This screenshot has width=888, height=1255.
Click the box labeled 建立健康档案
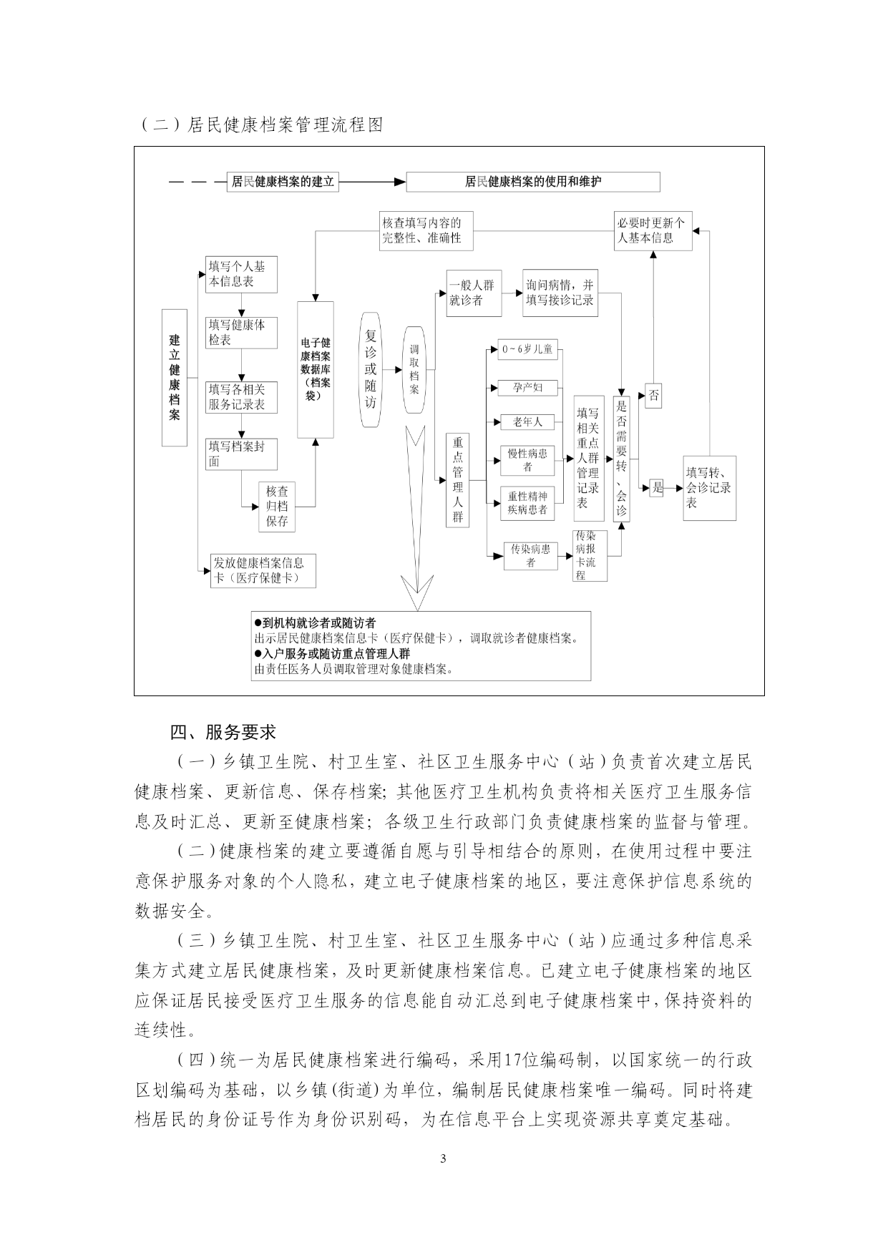[x=174, y=377]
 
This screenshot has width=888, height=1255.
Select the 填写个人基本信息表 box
[x=241, y=274]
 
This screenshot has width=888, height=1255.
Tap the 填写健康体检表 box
[x=241, y=333]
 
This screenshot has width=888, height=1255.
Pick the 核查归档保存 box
[x=277, y=506]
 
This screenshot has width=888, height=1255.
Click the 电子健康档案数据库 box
[x=316, y=369]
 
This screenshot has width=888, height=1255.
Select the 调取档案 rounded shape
[x=414, y=369]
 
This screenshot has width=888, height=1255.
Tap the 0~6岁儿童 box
[x=527, y=350]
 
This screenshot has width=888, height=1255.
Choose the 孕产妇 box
[x=527, y=388]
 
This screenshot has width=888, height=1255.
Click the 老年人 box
[x=527, y=422]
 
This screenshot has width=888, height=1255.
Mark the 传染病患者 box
[x=530, y=556]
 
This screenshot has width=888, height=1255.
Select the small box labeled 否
[x=653, y=396]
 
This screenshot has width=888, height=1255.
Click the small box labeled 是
[x=657, y=489]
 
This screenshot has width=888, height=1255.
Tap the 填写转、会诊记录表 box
[x=709, y=488]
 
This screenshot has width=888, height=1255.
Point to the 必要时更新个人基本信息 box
[x=653, y=230]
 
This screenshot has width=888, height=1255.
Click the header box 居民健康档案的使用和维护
[x=533, y=182]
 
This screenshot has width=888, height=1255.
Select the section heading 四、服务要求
[x=223, y=732]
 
